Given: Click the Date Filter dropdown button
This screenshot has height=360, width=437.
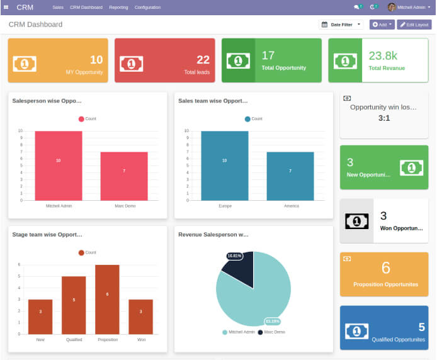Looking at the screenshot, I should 341,25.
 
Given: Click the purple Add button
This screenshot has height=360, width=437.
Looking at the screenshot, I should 382,25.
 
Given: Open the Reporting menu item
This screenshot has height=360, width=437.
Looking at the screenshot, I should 118,8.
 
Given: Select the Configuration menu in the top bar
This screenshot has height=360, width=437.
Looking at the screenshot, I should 147,8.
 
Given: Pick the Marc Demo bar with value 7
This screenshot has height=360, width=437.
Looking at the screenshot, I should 124,176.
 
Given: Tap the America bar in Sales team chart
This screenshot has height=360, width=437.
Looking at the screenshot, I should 290,176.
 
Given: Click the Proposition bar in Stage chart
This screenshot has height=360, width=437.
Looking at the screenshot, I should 107,299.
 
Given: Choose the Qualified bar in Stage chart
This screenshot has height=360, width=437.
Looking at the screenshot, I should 74,305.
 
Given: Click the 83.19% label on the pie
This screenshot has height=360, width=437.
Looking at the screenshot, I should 272,321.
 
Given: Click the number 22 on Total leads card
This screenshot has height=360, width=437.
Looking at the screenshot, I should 203,60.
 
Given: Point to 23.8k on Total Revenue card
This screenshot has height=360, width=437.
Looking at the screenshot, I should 382,56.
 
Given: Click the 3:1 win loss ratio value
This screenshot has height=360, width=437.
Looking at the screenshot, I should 383,118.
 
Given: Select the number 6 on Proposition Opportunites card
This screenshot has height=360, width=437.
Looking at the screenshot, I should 386,267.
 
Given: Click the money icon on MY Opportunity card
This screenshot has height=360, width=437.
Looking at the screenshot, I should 25,64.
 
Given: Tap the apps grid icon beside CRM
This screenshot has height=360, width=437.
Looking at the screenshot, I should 6,8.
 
